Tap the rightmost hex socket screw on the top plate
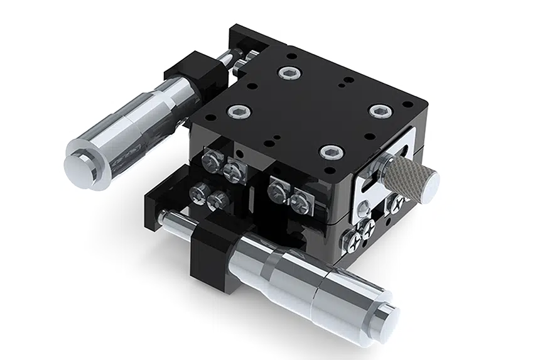pyautogui.click(x=378, y=111)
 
